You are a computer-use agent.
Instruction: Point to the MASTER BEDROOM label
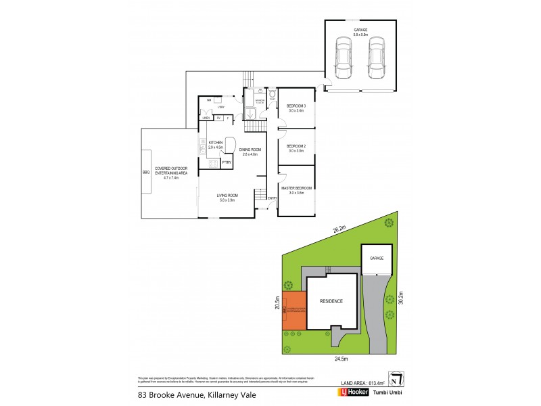tap(297, 187)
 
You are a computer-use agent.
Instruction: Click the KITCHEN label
tap(216, 143)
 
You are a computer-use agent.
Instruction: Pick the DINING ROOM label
tap(251, 150)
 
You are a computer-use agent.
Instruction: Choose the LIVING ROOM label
tap(227, 195)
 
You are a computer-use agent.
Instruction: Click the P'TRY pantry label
tap(226, 162)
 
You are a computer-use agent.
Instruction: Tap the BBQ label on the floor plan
tap(145, 173)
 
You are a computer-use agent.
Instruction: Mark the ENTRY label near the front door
tap(273, 198)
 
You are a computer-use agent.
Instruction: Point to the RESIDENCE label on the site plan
tap(331, 301)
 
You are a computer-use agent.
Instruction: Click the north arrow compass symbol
tap(393, 378)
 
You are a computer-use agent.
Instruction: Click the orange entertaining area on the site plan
tap(293, 311)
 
